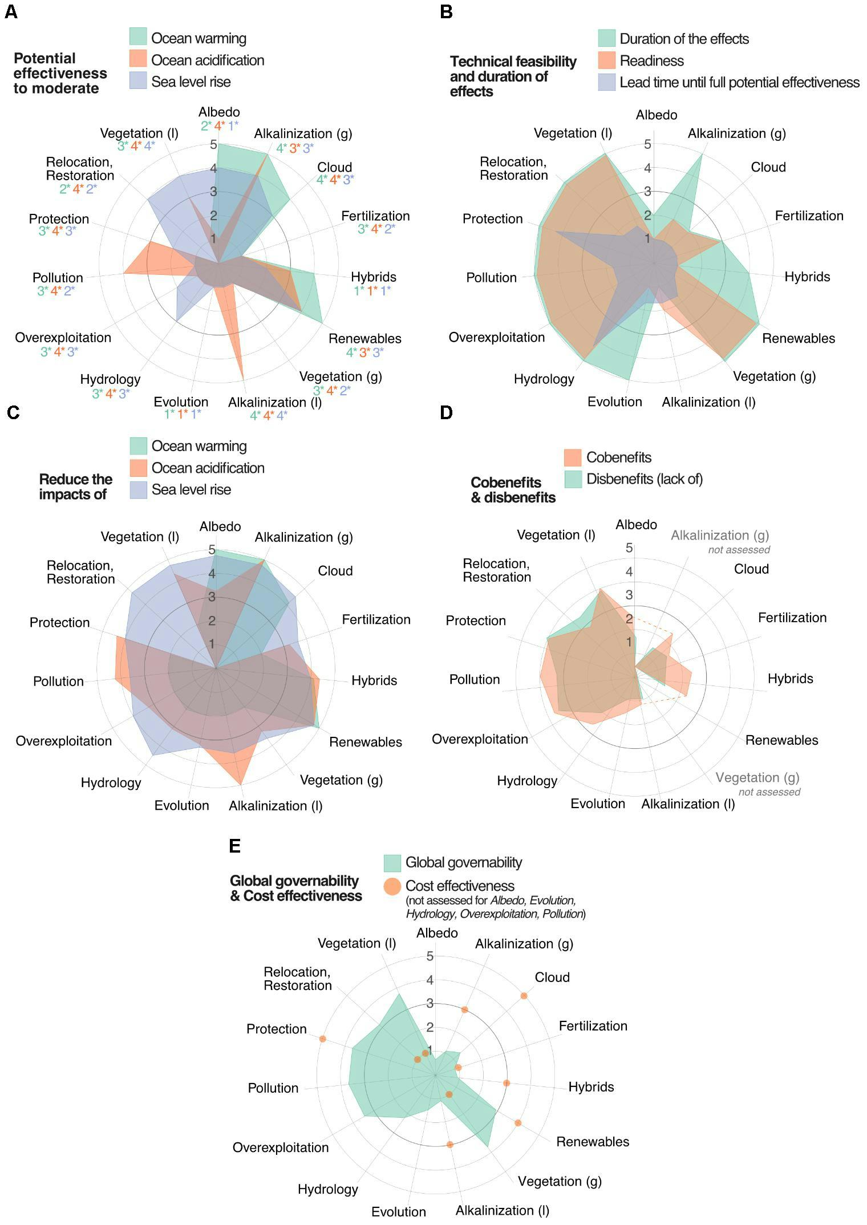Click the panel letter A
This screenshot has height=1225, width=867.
tap(11, 12)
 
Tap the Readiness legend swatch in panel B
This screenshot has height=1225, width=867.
tap(606, 60)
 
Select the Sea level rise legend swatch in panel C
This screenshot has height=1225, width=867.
tap(139, 489)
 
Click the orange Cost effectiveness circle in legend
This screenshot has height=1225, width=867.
tap(392, 886)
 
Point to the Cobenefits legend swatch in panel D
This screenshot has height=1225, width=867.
tap(573, 457)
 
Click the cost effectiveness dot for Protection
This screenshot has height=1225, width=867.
tap(323, 1039)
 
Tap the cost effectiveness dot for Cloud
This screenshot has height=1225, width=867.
tap(524, 996)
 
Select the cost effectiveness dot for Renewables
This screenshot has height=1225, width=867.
tap(518, 1122)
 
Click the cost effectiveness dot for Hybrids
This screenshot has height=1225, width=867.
tap(506, 1082)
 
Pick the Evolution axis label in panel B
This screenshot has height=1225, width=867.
tap(614, 401)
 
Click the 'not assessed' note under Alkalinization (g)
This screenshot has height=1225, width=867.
tap(739, 550)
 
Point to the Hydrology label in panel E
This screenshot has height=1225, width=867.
tap(327, 1189)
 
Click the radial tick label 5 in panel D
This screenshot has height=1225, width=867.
tap(629, 548)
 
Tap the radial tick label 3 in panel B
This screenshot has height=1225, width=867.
tap(647, 192)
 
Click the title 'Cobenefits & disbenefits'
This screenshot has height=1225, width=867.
tap(512, 490)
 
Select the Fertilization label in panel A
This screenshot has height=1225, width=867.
tap(375, 216)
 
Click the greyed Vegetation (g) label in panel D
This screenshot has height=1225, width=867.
tap(757, 777)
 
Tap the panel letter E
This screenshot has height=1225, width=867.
tap(234, 846)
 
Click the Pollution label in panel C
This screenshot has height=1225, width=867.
tap(58, 681)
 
